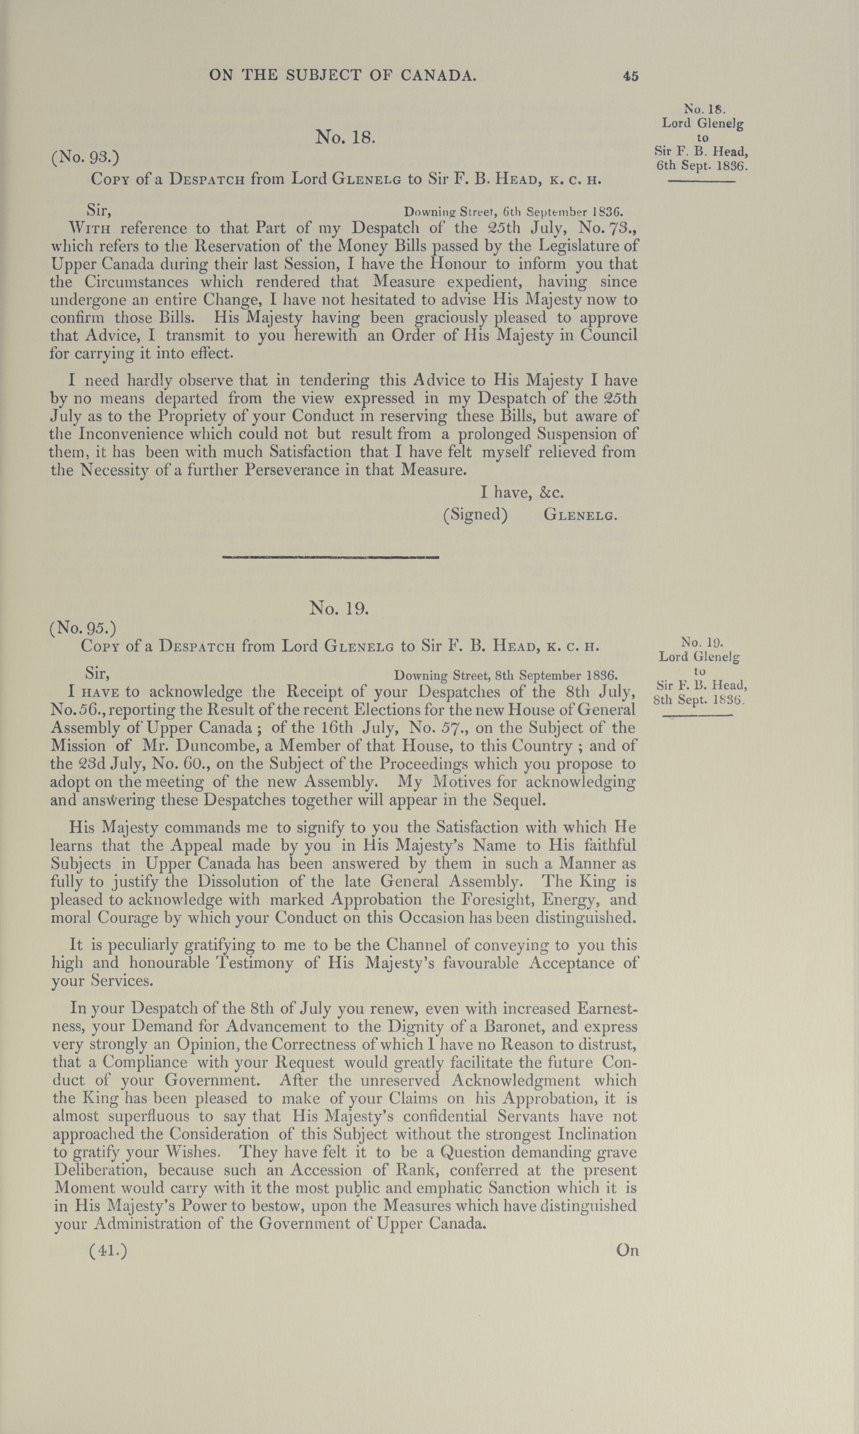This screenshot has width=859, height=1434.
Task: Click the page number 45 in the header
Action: point(630,76)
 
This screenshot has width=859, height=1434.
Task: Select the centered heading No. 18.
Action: point(346,137)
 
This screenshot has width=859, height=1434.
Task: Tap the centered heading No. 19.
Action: point(339,608)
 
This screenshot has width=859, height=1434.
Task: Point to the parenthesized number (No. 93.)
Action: point(85,157)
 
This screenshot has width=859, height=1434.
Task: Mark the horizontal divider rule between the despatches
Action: point(331,557)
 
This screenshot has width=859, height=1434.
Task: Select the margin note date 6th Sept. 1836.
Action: point(702,165)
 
